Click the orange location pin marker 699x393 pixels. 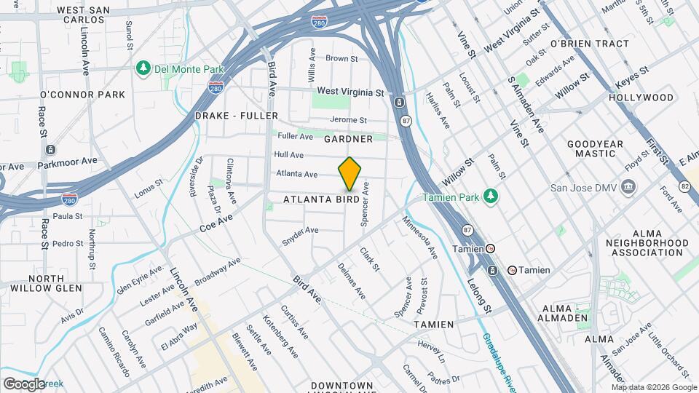coord(349,174)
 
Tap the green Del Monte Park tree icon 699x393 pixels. coord(143,68)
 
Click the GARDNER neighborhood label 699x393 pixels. coord(348,138)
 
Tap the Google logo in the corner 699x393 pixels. coord(23,384)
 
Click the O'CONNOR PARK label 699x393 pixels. coord(82,95)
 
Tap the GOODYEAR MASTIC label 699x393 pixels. coord(595,149)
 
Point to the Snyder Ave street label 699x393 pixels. coord(300,236)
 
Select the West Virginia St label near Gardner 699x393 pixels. coord(350,92)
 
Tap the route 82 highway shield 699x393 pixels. coord(684,186)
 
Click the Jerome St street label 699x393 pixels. coord(348,120)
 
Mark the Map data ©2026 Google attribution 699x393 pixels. coord(651,386)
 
